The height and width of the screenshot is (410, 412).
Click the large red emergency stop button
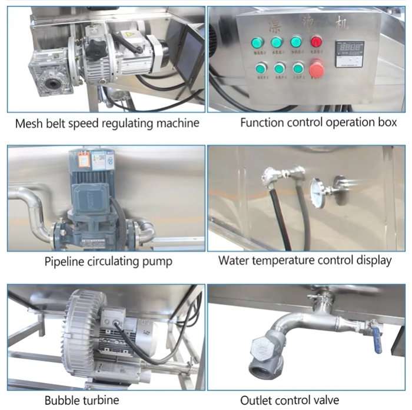tap(317, 69)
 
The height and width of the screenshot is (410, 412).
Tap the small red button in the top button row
tap(317, 42)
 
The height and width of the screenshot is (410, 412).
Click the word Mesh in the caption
tap(29, 124)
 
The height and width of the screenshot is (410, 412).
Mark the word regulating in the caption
tap(127, 124)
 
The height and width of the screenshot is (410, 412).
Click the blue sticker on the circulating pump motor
tap(98, 159)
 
